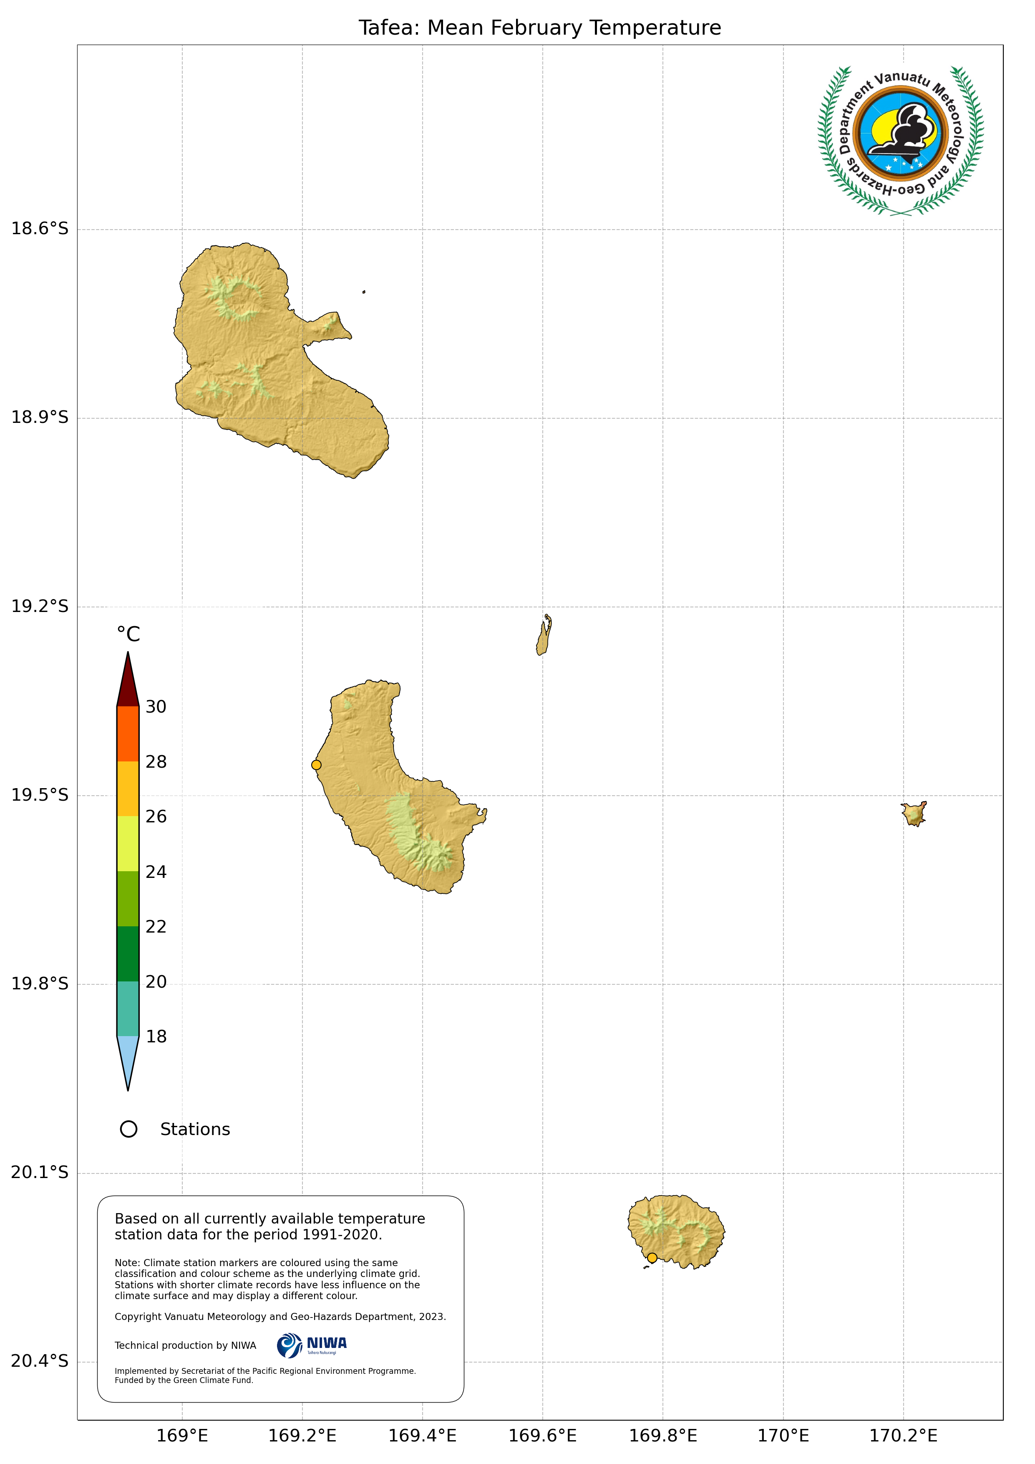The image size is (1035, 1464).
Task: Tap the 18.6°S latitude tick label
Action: [x=40, y=228]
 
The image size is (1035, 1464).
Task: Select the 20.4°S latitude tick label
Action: [x=40, y=1361]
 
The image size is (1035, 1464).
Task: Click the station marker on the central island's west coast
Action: [x=316, y=764]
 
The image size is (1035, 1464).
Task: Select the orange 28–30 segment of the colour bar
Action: [x=128, y=733]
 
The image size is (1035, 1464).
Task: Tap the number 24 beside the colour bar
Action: [x=156, y=872]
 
